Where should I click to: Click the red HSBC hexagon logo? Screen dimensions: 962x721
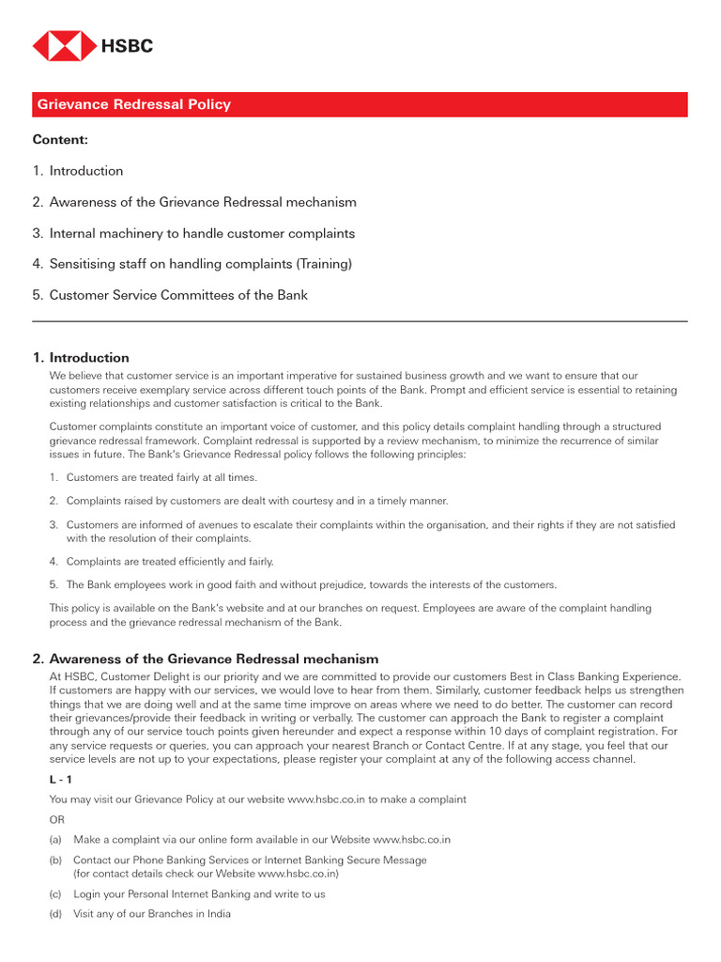pos(64,46)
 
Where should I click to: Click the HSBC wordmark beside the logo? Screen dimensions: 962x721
pos(127,46)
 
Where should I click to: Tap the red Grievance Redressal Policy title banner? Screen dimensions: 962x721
pos(360,104)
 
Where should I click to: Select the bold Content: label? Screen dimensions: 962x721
pos(60,140)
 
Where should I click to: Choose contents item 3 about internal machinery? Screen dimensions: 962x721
pos(193,233)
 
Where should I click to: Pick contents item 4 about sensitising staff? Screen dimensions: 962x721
pos(192,264)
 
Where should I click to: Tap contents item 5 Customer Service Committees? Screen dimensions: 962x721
pos(170,295)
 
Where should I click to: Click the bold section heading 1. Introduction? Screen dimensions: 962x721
pos(81,358)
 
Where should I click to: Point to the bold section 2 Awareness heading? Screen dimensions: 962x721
pos(206,659)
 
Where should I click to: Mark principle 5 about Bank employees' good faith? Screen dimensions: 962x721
pos(302,584)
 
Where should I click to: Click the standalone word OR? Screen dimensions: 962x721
pos(57,819)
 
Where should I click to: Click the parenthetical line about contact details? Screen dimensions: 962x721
pos(206,873)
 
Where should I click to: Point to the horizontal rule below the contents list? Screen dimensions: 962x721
pos(360,321)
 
